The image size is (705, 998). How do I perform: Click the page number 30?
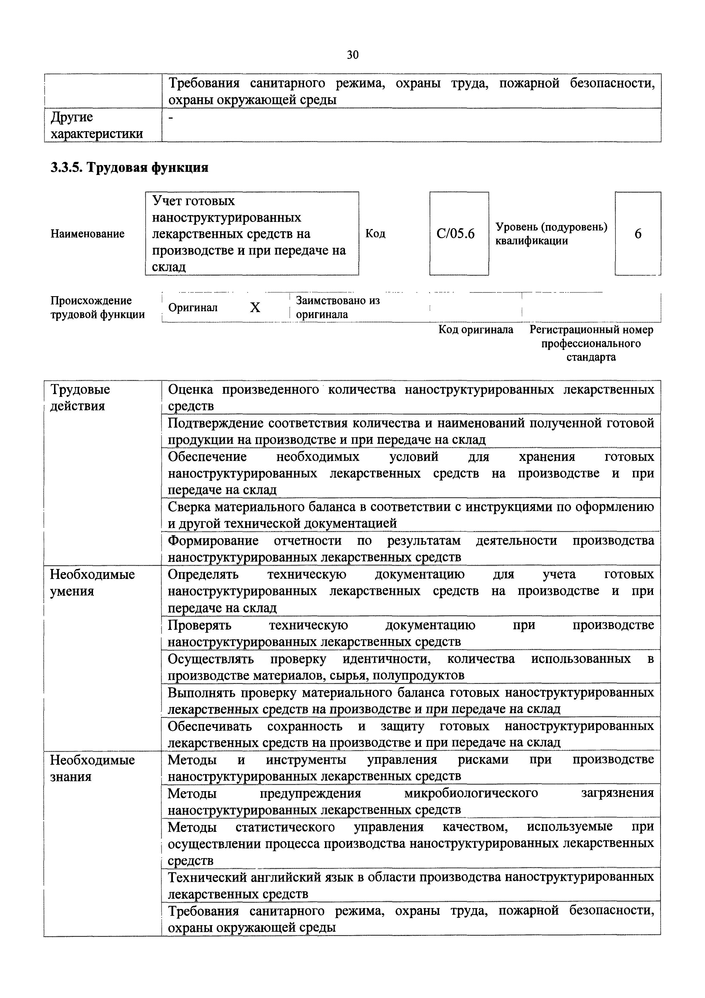click(x=353, y=55)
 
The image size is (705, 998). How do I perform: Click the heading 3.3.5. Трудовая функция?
click(x=129, y=167)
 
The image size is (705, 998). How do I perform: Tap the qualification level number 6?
click(x=638, y=234)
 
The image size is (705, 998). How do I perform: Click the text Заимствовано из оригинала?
click(x=338, y=307)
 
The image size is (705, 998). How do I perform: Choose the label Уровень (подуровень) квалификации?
click(x=551, y=234)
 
